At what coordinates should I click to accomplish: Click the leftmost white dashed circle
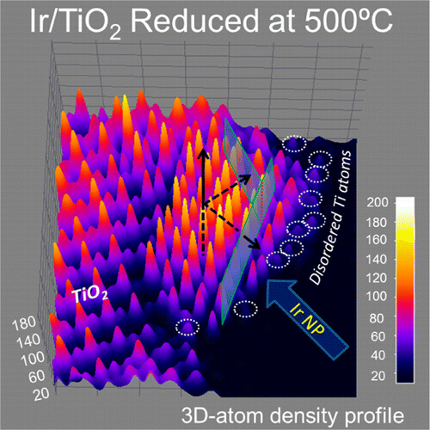coord(186,326)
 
